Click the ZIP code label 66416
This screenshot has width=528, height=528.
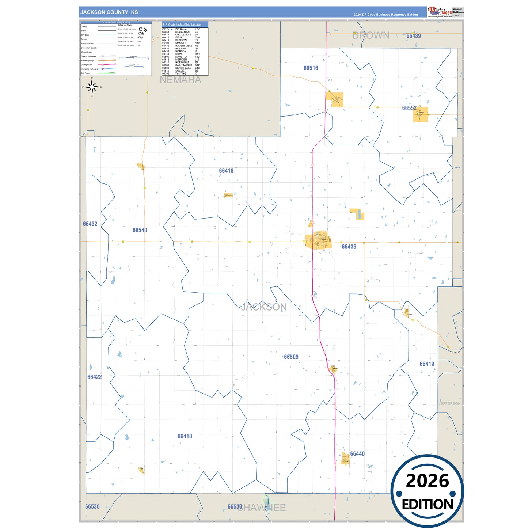coord(226,171)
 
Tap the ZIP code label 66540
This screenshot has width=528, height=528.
coord(140,230)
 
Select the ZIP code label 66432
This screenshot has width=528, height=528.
coord(90,224)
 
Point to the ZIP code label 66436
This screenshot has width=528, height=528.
coord(349,247)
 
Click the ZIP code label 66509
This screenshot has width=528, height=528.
coord(291,357)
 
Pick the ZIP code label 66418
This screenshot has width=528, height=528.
coord(185,436)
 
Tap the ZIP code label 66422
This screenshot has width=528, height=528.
coord(95,377)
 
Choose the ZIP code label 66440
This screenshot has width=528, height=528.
coord(357,454)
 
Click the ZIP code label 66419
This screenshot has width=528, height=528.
coord(427,364)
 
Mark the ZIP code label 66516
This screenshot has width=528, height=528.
coord(311,68)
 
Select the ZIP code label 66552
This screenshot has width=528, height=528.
coord(409,108)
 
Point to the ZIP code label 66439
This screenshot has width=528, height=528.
coord(414,36)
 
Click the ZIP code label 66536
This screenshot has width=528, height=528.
coord(92,507)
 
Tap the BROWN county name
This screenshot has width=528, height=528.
coord(371,35)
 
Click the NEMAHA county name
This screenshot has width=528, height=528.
coord(181,80)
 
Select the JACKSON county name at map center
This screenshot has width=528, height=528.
coord(264,307)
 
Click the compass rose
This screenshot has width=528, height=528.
coord(92,87)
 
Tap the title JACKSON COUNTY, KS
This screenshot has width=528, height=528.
coord(109,12)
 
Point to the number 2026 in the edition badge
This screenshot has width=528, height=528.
coord(427,481)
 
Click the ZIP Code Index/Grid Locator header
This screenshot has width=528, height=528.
coord(182,24)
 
